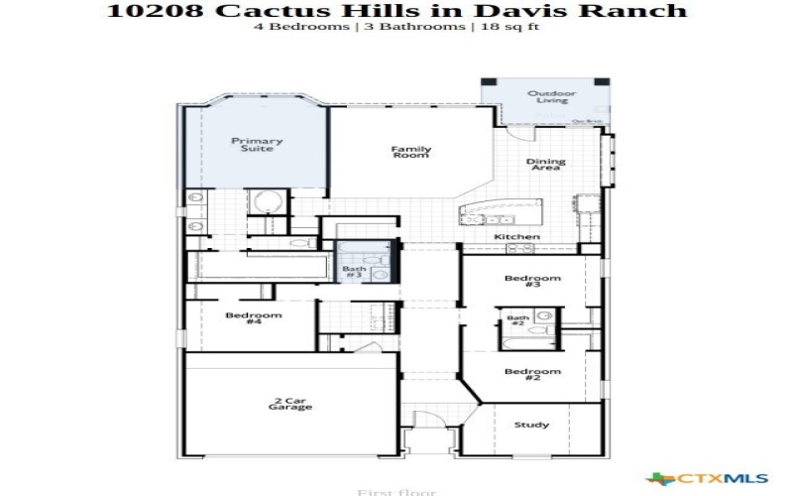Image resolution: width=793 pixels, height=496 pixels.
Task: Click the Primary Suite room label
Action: coord(257,145)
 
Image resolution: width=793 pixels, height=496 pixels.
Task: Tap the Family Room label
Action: coord(410,153)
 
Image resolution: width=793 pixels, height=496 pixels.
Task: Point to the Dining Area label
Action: coord(545,165)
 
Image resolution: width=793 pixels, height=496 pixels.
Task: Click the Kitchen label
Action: coord(517,237)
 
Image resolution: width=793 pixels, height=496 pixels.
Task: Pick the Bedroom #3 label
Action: coord(532,282)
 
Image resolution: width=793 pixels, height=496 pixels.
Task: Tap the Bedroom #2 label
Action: coord(532,375)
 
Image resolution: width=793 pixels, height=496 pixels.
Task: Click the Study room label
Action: coord(531,425)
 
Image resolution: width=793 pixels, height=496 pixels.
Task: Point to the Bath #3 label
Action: coord(354,271)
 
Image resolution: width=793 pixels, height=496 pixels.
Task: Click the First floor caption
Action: coord(396,490)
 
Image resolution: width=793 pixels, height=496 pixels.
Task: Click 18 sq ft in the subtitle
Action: coord(507,27)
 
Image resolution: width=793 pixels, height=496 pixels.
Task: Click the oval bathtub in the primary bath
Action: coord(268,203)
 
